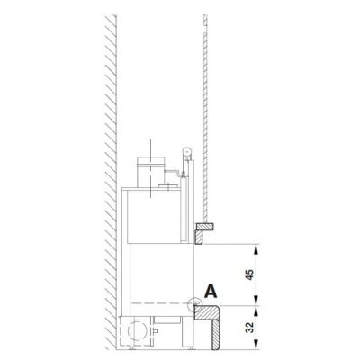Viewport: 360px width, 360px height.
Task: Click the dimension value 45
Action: [x=249, y=274]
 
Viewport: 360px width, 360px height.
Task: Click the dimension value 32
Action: [x=249, y=328]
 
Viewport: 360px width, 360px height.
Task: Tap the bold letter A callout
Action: [x=211, y=291]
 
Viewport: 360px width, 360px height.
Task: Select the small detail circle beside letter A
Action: [x=194, y=304]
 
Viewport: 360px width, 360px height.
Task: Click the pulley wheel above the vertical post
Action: [x=187, y=152]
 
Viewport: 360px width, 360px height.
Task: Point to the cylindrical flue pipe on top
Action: [x=150, y=172]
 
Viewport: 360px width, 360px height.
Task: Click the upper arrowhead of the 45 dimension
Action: [x=256, y=248]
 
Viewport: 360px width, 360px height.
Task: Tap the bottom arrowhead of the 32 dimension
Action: [x=256, y=346]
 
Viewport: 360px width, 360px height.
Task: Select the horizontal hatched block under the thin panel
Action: [x=205, y=227]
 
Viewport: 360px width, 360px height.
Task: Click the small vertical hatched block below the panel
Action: [x=199, y=238]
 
